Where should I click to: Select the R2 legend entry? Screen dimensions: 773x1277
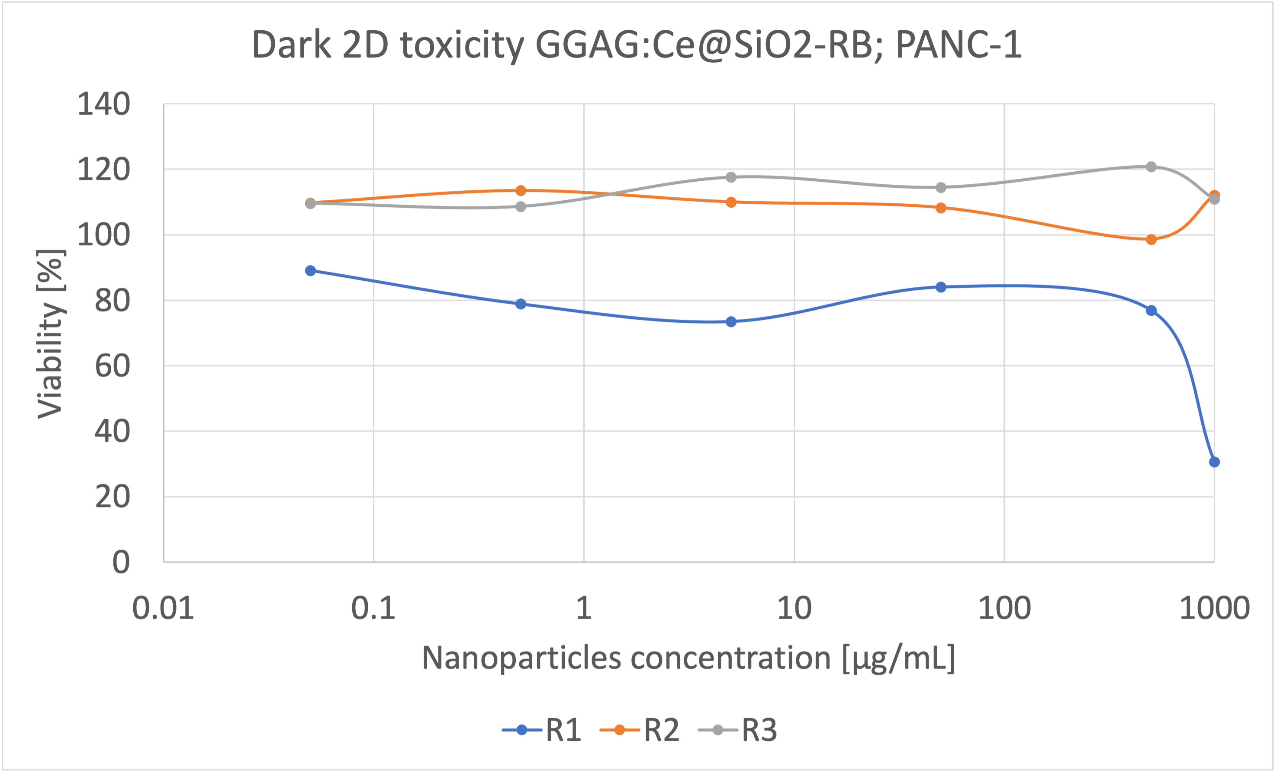coord(640,731)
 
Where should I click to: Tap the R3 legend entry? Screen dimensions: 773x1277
coord(738,731)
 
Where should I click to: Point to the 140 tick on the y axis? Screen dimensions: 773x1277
coord(104,104)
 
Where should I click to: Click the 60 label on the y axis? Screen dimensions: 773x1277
coord(113,366)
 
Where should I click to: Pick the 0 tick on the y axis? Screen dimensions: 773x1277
coord(121,562)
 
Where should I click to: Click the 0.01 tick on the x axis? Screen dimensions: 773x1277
coord(163,608)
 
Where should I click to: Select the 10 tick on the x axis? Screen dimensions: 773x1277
coord(794,608)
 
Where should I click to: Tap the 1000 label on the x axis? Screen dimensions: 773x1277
coord(1214,608)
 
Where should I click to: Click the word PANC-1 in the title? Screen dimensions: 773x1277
coord(958,45)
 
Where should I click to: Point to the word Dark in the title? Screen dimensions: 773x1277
coord(291,45)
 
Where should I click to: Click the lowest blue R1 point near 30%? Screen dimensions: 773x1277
coord(1214,462)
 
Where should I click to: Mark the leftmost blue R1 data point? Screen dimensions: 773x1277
coord(310,270)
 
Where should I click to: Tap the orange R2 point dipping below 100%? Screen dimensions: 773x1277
coord(1151,239)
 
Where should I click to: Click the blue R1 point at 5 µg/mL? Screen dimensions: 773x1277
coord(731,322)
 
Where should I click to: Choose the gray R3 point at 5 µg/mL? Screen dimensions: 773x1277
coord(731,177)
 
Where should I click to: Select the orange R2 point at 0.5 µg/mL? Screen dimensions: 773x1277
coord(521,191)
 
